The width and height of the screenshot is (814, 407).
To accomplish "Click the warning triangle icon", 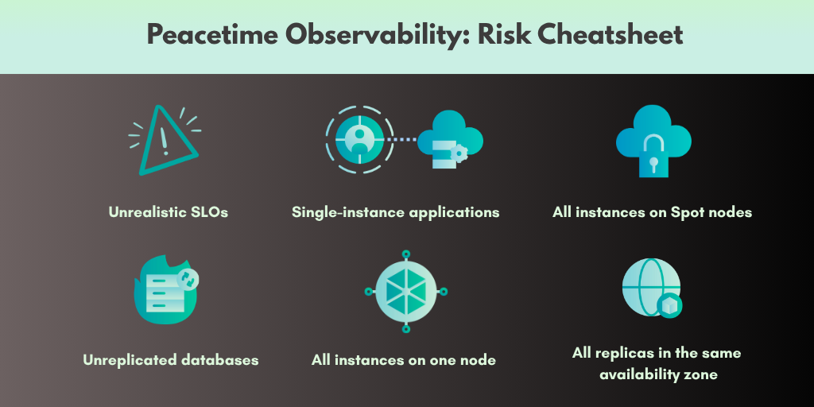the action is (x=165, y=140).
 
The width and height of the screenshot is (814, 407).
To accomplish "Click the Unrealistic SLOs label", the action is (x=169, y=211).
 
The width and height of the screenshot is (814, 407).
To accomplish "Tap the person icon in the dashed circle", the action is (x=359, y=140).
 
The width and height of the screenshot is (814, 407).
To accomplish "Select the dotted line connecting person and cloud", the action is (x=403, y=139).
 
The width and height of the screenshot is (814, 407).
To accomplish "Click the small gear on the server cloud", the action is (x=459, y=153).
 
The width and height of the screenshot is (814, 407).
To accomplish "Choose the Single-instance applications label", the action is (x=396, y=212).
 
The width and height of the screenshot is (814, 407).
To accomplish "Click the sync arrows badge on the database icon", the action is (x=188, y=278).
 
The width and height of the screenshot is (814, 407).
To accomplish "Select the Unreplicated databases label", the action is (x=171, y=360).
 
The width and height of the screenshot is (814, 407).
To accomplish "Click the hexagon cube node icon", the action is (x=406, y=291).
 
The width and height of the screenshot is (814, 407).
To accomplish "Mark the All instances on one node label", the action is (x=404, y=360).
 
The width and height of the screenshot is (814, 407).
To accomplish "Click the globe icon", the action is (x=652, y=288).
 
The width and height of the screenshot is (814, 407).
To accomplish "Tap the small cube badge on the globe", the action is (x=669, y=305).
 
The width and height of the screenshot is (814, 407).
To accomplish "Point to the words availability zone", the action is (x=659, y=375).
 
